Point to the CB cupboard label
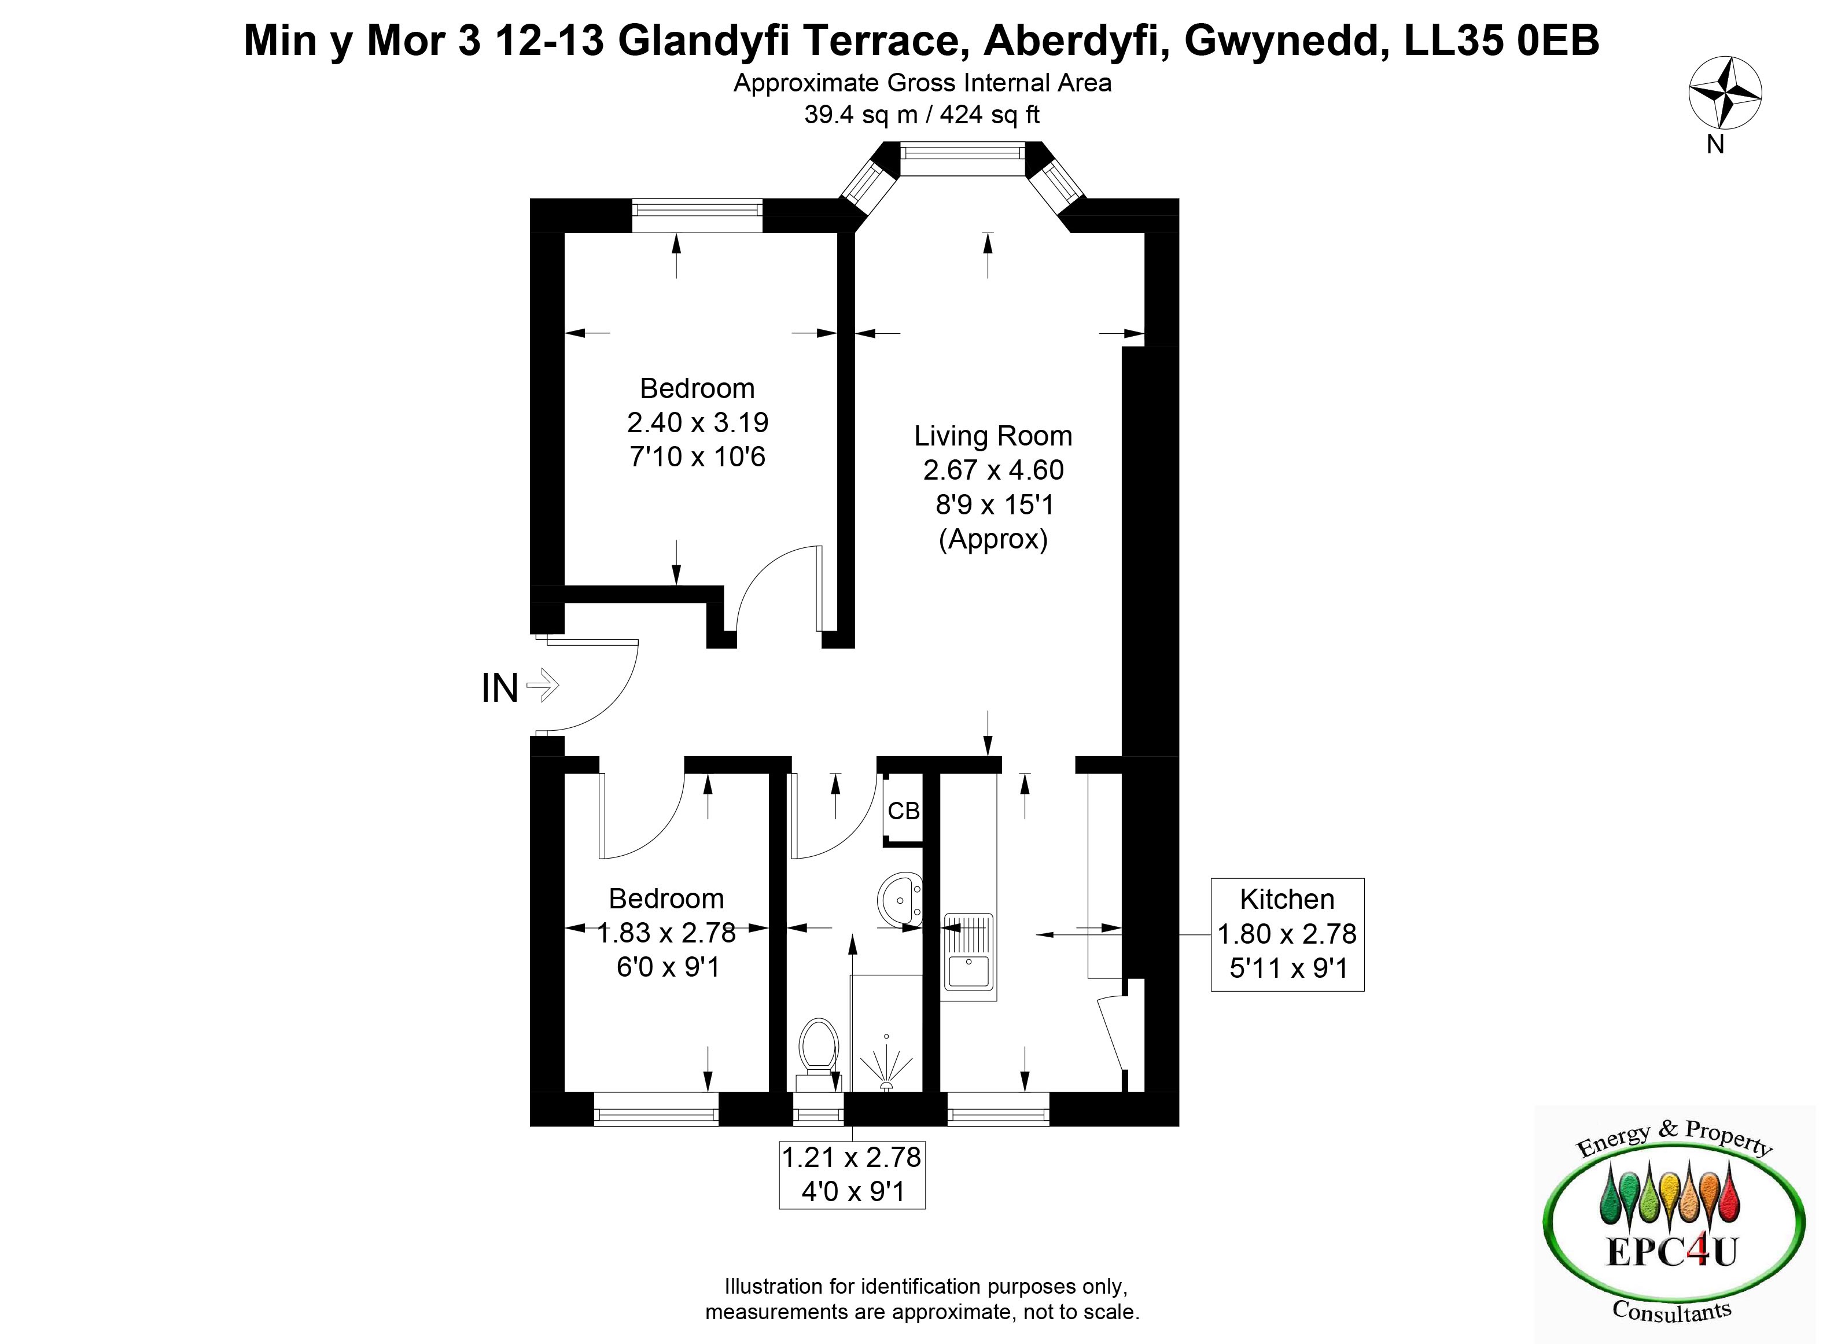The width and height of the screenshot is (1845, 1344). [903, 811]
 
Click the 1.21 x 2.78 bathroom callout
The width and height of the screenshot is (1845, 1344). [852, 1174]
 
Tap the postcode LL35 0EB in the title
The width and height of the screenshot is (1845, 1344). [1502, 40]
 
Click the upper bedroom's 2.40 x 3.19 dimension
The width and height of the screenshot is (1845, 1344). [697, 422]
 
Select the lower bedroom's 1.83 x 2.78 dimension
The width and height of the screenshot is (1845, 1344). [666, 932]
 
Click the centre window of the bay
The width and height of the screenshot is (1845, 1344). [962, 159]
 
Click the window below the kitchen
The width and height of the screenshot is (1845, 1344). [998, 1109]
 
